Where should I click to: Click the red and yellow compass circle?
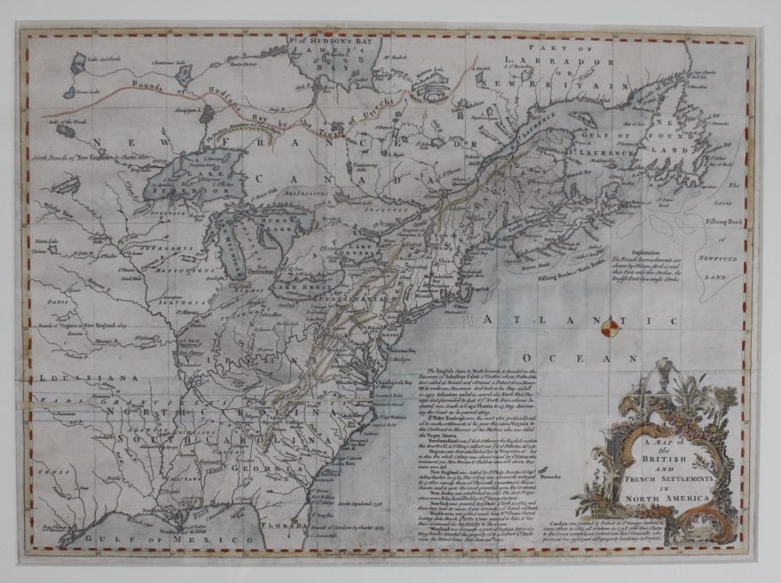point(607,331)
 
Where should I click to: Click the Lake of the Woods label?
point(69,120)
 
